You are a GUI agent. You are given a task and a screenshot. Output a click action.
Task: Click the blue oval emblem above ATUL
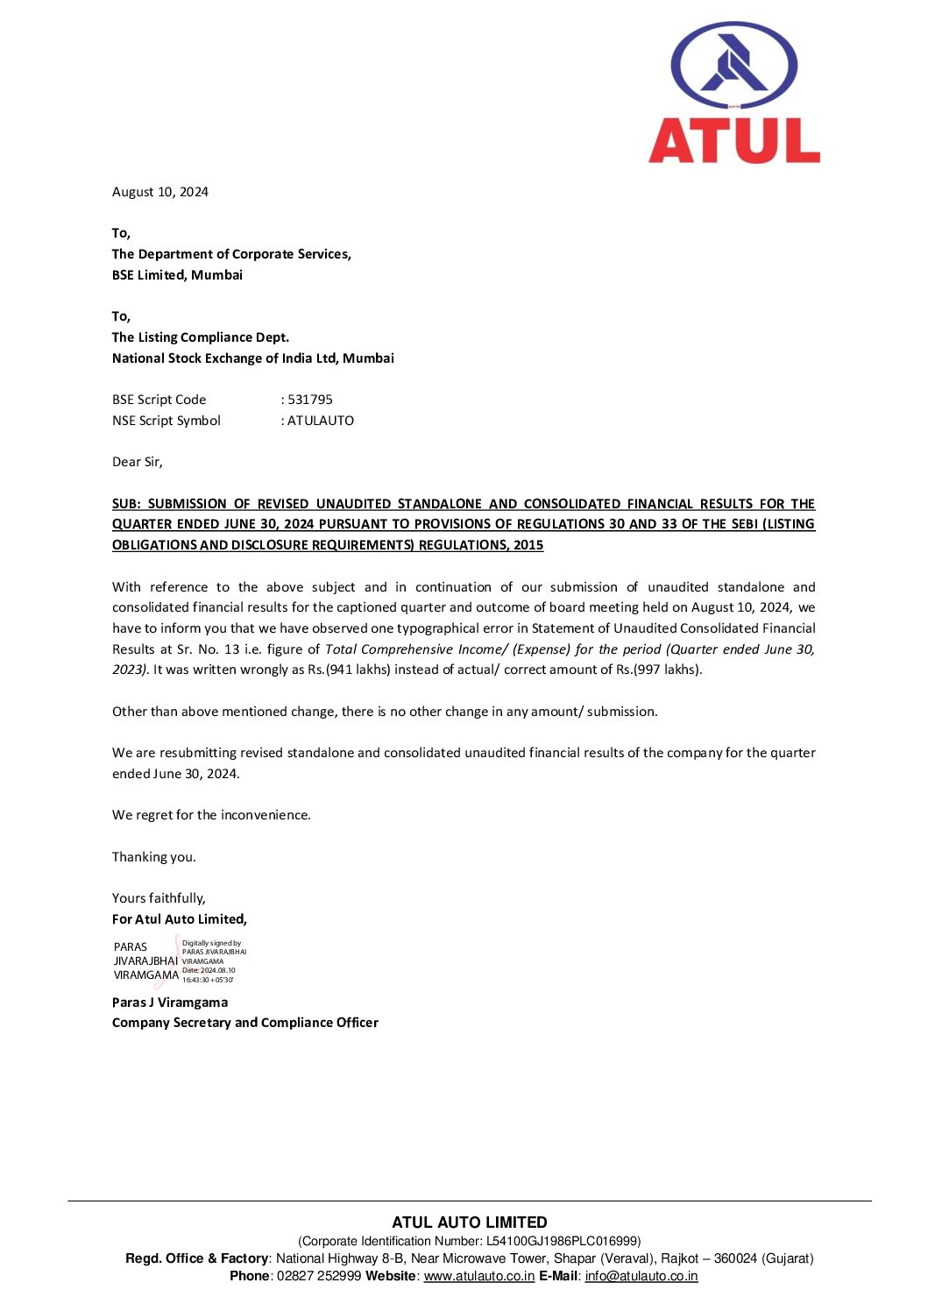pyautogui.click(x=733, y=67)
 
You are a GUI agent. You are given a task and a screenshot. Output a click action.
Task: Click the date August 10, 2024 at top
pyautogui.click(x=160, y=192)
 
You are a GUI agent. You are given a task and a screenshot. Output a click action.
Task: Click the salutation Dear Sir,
pyautogui.click(x=138, y=462)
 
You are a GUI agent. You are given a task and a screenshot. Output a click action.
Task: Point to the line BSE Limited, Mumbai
pyautogui.click(x=177, y=275)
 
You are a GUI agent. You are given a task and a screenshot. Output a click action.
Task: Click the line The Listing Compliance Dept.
pyautogui.click(x=201, y=337)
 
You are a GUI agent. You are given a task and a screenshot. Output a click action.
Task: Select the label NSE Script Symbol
pyautogui.click(x=166, y=421)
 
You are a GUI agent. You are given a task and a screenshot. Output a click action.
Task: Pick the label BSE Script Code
pyautogui.click(x=159, y=400)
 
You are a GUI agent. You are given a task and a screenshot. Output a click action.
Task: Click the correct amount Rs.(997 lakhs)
pyautogui.click(x=658, y=670)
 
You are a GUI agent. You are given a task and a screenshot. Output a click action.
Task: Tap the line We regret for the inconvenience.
pyautogui.click(x=211, y=815)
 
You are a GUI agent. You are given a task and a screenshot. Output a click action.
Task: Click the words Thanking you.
pyautogui.click(x=154, y=857)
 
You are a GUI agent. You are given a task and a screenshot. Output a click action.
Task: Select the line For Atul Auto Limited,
pyautogui.click(x=180, y=919)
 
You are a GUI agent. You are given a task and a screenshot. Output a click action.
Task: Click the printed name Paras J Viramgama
pyautogui.click(x=170, y=1003)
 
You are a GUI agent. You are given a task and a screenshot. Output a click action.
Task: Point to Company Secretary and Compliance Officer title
pyautogui.click(x=245, y=1023)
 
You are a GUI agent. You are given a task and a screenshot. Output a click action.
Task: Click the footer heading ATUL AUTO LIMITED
pyautogui.click(x=470, y=1222)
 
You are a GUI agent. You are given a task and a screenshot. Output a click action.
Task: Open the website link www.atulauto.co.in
pyautogui.click(x=479, y=1276)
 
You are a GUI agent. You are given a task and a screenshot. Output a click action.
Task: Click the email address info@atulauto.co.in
pyautogui.click(x=641, y=1276)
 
